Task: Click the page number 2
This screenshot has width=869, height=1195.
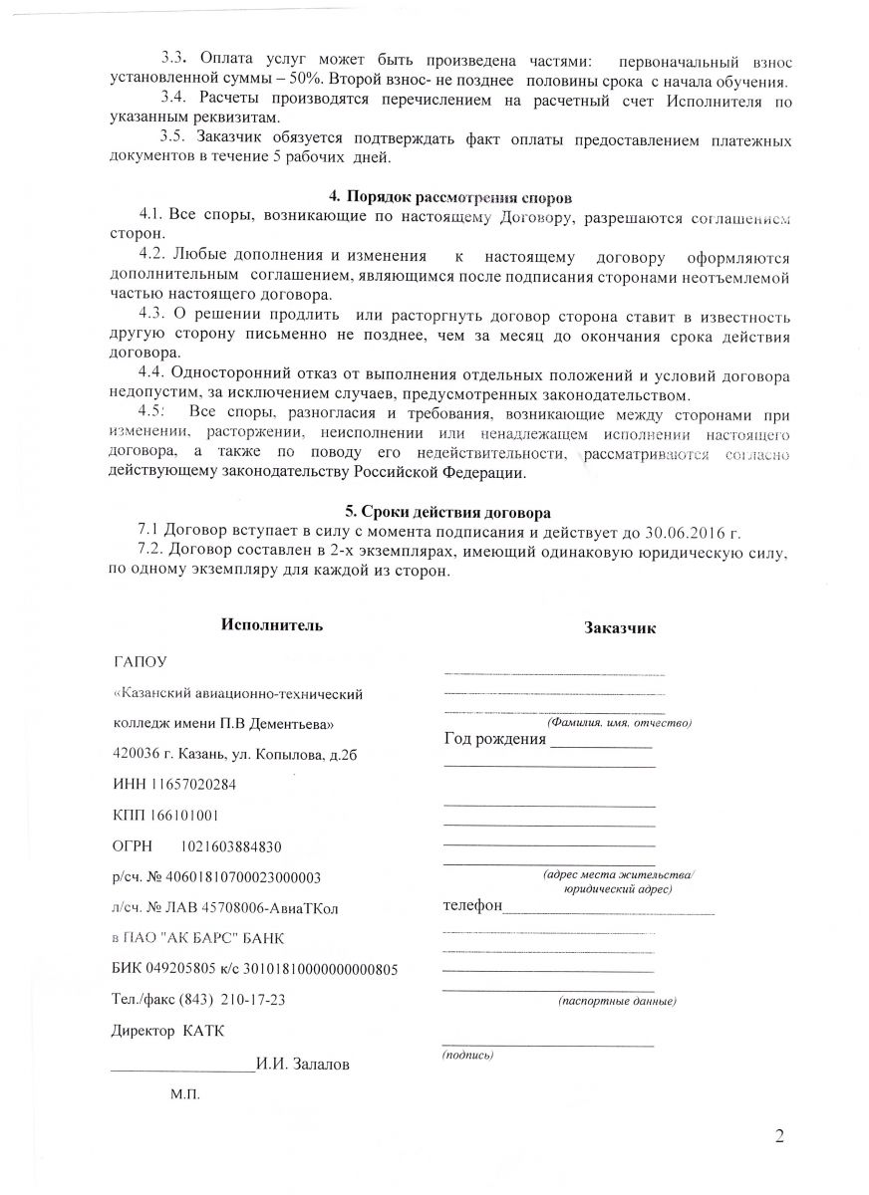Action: pyautogui.click(x=780, y=1137)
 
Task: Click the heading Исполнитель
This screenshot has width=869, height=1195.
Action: pyautogui.click(x=272, y=624)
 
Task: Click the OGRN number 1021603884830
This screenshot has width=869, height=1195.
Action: pyautogui.click(x=231, y=846)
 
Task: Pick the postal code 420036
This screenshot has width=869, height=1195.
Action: pyautogui.click(x=137, y=754)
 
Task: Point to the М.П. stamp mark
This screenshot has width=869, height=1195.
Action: pyautogui.click(x=185, y=1093)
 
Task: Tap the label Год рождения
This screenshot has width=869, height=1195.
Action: pyautogui.click(x=495, y=739)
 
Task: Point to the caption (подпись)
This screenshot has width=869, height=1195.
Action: pyautogui.click(x=467, y=1054)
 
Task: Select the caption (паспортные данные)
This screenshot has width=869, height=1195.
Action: pyautogui.click(x=617, y=1000)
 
